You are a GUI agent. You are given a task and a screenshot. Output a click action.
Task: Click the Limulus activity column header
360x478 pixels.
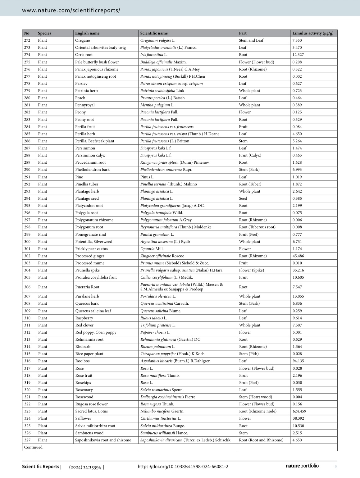(312, 33)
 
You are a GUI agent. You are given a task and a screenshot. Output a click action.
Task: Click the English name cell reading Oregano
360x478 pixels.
(83, 40)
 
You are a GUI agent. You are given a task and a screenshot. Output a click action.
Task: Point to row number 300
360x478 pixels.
(27, 242)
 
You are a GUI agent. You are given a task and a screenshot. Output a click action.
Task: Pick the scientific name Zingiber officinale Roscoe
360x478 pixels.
(162, 256)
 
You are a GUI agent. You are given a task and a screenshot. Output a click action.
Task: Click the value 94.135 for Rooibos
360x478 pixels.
(298, 361)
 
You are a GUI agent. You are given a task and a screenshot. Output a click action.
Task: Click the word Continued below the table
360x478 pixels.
(33, 447)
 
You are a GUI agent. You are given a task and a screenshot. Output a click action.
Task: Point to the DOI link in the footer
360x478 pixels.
(183, 467)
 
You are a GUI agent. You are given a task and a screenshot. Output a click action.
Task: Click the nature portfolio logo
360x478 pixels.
(302, 466)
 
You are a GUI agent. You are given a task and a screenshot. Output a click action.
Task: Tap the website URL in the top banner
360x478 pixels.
(71, 10)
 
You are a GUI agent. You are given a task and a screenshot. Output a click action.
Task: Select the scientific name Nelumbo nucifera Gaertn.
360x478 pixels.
(162, 411)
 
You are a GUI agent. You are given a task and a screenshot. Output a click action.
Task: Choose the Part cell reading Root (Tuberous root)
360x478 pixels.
(257, 227)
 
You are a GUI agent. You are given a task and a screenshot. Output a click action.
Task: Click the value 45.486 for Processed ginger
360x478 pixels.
(298, 256)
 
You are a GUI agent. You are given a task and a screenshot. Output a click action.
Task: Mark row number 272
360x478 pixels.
(27, 40)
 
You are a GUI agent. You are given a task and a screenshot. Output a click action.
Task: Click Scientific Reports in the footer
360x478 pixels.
(40, 467)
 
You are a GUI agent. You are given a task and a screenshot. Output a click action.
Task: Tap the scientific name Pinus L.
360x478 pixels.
(147, 177)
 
